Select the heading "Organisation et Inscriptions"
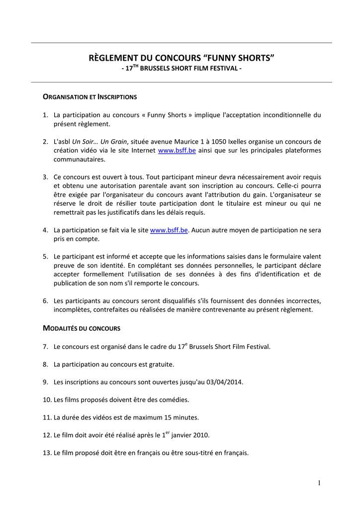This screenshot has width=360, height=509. coord(90,96)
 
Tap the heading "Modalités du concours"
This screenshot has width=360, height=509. coord(82,328)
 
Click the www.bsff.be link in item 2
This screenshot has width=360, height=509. coord(177,151)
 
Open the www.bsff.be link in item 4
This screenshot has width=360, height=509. coord(169,230)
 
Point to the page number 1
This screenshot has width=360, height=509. coord(318,484)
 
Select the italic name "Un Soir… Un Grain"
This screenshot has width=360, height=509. coord(99,142)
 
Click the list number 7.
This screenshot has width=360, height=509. coord(45,346)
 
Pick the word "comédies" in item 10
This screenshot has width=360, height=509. coord(175,400)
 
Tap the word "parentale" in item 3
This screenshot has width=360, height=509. coord(141,186)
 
